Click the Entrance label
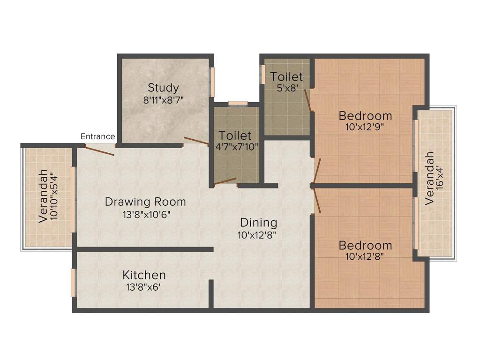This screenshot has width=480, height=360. tap(97, 136)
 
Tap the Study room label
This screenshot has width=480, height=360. tap(164, 88)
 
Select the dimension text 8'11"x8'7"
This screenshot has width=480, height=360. tap(164, 100)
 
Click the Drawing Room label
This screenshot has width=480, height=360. tap(145, 202)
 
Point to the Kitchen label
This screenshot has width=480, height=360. tap(144, 275)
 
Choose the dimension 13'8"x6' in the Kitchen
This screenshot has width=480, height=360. tap(143, 287)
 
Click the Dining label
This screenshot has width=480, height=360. tap(258, 223)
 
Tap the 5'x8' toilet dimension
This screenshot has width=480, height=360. tap(287, 88)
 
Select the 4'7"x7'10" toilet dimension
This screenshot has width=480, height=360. tap(237, 147)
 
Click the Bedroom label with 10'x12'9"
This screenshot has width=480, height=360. tap(365, 116)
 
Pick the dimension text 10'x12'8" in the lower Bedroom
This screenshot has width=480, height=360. tap(365, 256)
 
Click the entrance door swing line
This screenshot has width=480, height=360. tap(99, 151)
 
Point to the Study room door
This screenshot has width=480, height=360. tap(196, 141)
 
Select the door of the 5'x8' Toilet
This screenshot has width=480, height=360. tap(308, 100)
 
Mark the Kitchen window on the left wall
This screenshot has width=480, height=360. tap(73, 283)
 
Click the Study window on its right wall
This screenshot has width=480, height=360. tap(212, 82)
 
